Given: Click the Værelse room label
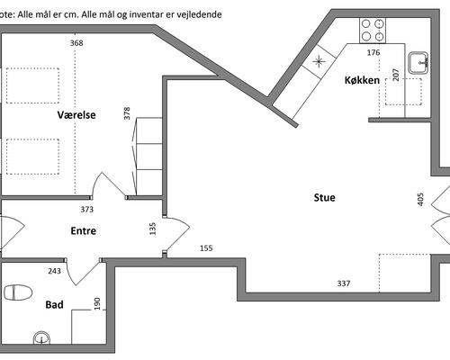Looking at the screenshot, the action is [76, 115].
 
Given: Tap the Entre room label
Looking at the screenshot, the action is [84, 230].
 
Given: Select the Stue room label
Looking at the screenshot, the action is [324, 198].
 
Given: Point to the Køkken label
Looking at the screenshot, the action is [362, 80].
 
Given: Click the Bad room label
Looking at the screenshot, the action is [54, 305].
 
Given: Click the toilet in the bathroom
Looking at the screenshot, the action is [18, 292].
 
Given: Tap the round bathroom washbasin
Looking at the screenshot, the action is [41, 337].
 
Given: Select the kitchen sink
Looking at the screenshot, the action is [418, 63].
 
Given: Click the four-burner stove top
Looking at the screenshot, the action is [373, 31].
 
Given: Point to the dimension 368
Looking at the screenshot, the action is [76, 43].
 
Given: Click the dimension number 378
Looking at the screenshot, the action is [127, 113].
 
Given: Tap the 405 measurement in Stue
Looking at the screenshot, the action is [420, 200].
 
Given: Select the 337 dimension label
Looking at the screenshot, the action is [344, 283].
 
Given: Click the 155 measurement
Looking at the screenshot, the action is [206, 248].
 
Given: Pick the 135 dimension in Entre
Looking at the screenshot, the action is [153, 229].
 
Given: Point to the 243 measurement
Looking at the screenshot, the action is [54, 271].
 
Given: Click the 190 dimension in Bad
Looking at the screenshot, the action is [97, 303].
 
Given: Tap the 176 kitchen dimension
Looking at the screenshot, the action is [373, 53].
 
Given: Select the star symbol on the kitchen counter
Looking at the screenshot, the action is [319, 61].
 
